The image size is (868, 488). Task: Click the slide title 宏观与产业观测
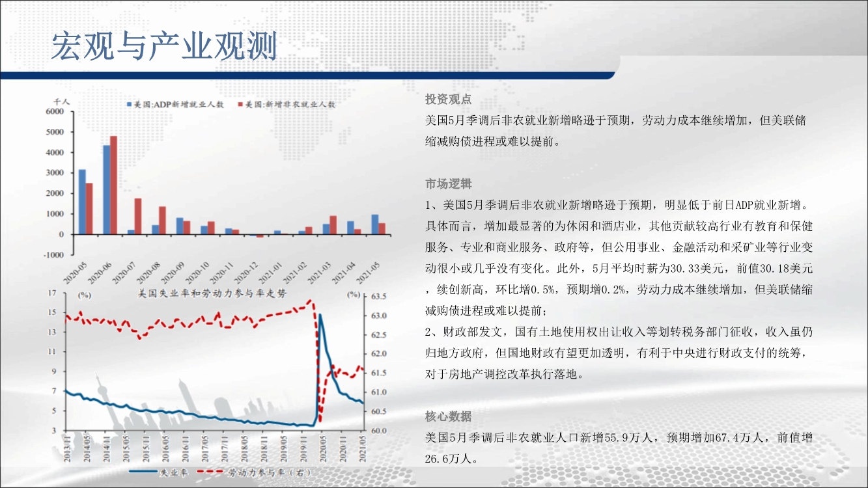point(164,46)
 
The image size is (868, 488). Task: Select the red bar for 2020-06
point(113,185)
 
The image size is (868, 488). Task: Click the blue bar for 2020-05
point(82,202)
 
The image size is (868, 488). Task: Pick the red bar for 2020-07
point(138,217)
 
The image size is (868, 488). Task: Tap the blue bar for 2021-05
point(375,224)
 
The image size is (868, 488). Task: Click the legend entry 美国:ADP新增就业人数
point(176,105)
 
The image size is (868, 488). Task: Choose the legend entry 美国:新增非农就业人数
point(287,105)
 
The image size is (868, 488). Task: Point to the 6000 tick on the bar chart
point(55,111)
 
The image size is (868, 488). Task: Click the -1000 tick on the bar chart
point(53,255)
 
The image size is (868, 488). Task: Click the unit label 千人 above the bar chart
point(61,102)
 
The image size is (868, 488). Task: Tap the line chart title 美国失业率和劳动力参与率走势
point(212,293)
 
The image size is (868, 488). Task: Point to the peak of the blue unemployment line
point(320,314)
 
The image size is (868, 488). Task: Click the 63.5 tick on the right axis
point(378,297)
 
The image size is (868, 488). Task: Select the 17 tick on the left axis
point(52,293)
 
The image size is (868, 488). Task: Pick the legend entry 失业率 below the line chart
point(158,472)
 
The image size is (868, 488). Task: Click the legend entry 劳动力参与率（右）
point(254,472)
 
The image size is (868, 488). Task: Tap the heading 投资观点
point(449,100)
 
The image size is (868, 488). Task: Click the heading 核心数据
point(449,416)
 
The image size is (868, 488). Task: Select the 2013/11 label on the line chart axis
point(67,448)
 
